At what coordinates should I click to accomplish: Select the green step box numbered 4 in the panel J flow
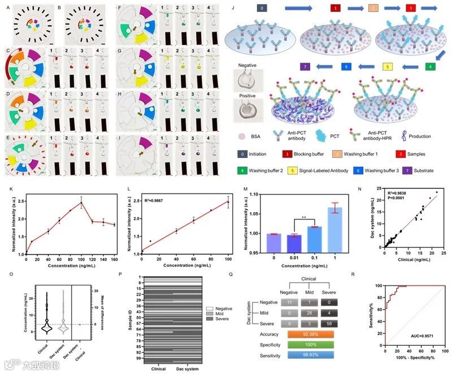pyautogui.click(x=430, y=67)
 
